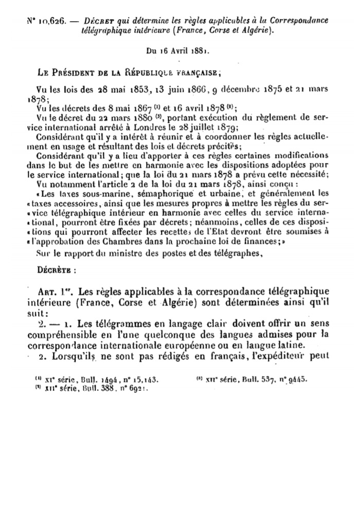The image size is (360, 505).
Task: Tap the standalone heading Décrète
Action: point(56,269)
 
